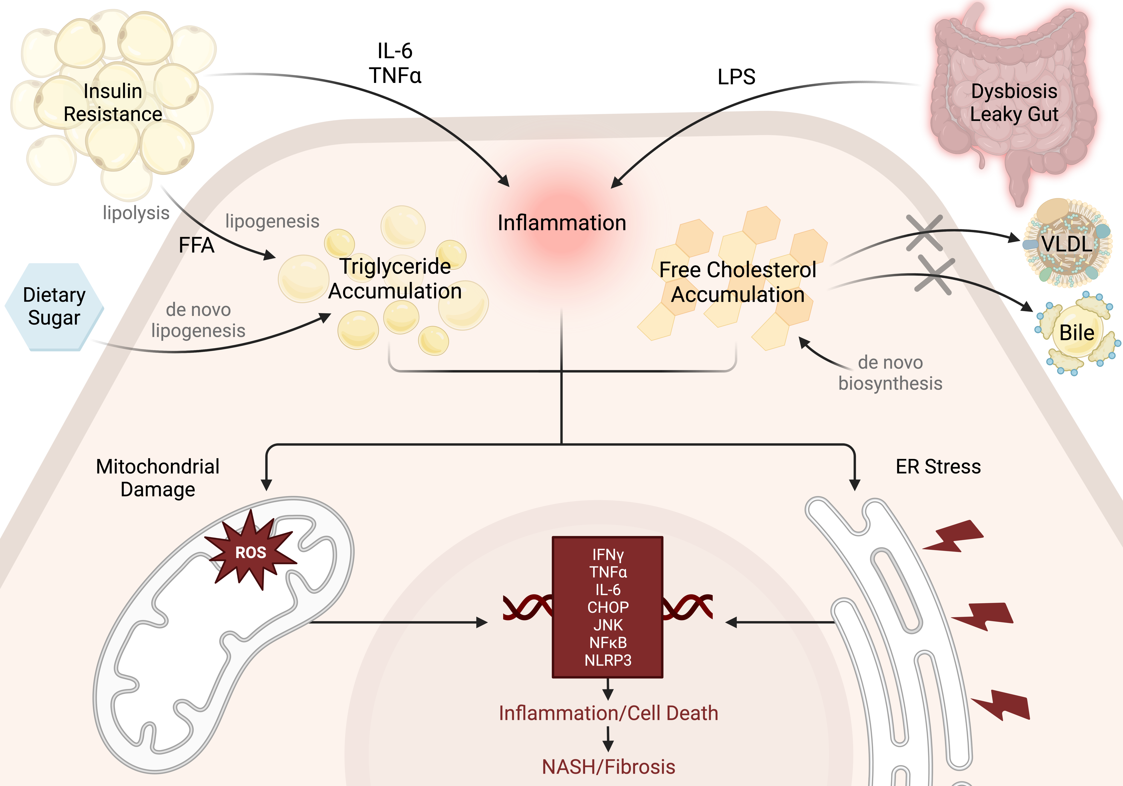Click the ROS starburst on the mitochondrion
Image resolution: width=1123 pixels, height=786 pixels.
point(250,552)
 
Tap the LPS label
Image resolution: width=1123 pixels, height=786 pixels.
point(736,77)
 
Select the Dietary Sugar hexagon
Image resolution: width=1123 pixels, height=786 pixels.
point(54,307)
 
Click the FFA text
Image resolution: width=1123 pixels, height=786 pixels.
point(196,245)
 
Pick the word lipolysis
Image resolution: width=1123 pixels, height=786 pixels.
point(136,213)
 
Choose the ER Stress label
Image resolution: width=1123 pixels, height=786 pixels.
point(938,467)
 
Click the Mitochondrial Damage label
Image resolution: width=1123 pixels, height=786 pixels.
point(157,478)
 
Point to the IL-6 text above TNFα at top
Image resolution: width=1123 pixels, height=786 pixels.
point(395,51)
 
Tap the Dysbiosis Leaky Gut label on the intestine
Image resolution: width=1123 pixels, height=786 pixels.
point(1014,103)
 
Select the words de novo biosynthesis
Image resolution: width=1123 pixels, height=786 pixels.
point(890,373)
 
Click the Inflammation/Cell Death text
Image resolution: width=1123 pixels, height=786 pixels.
point(608,713)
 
